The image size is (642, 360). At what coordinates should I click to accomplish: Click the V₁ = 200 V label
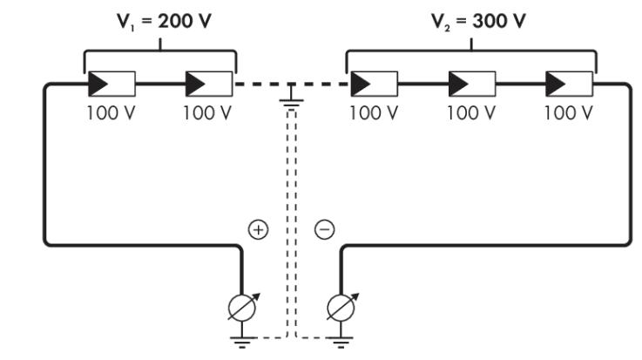[x=164, y=21]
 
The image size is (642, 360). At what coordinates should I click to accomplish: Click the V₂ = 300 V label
[x=478, y=21]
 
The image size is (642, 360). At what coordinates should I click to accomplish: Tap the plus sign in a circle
[x=259, y=229]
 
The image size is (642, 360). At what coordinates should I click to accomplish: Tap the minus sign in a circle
[x=325, y=229]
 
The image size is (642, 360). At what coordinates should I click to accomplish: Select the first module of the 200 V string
[x=112, y=84]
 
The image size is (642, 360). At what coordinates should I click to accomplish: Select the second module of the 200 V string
[x=209, y=84]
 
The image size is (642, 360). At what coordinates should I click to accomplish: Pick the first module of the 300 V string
[x=375, y=84]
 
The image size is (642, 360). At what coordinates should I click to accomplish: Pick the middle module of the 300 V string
[x=472, y=84]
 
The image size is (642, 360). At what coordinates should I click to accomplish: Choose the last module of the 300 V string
[x=569, y=84]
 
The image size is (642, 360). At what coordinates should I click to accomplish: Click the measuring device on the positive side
[x=242, y=308]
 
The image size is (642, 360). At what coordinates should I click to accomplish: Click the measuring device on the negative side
[x=341, y=308]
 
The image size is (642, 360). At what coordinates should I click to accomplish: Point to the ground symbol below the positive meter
[x=242, y=340]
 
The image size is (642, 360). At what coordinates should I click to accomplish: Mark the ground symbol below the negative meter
[x=341, y=340]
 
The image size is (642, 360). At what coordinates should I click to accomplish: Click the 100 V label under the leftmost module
[x=111, y=112]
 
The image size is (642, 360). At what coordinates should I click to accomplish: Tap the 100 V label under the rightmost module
[x=568, y=112]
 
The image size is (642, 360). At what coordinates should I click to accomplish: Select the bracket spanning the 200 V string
[x=160, y=51]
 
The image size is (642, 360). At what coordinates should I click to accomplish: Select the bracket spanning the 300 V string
[x=471, y=51]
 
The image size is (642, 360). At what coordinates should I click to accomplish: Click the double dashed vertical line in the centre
[x=291, y=223]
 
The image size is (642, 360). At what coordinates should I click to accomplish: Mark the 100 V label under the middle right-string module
[x=471, y=112]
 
